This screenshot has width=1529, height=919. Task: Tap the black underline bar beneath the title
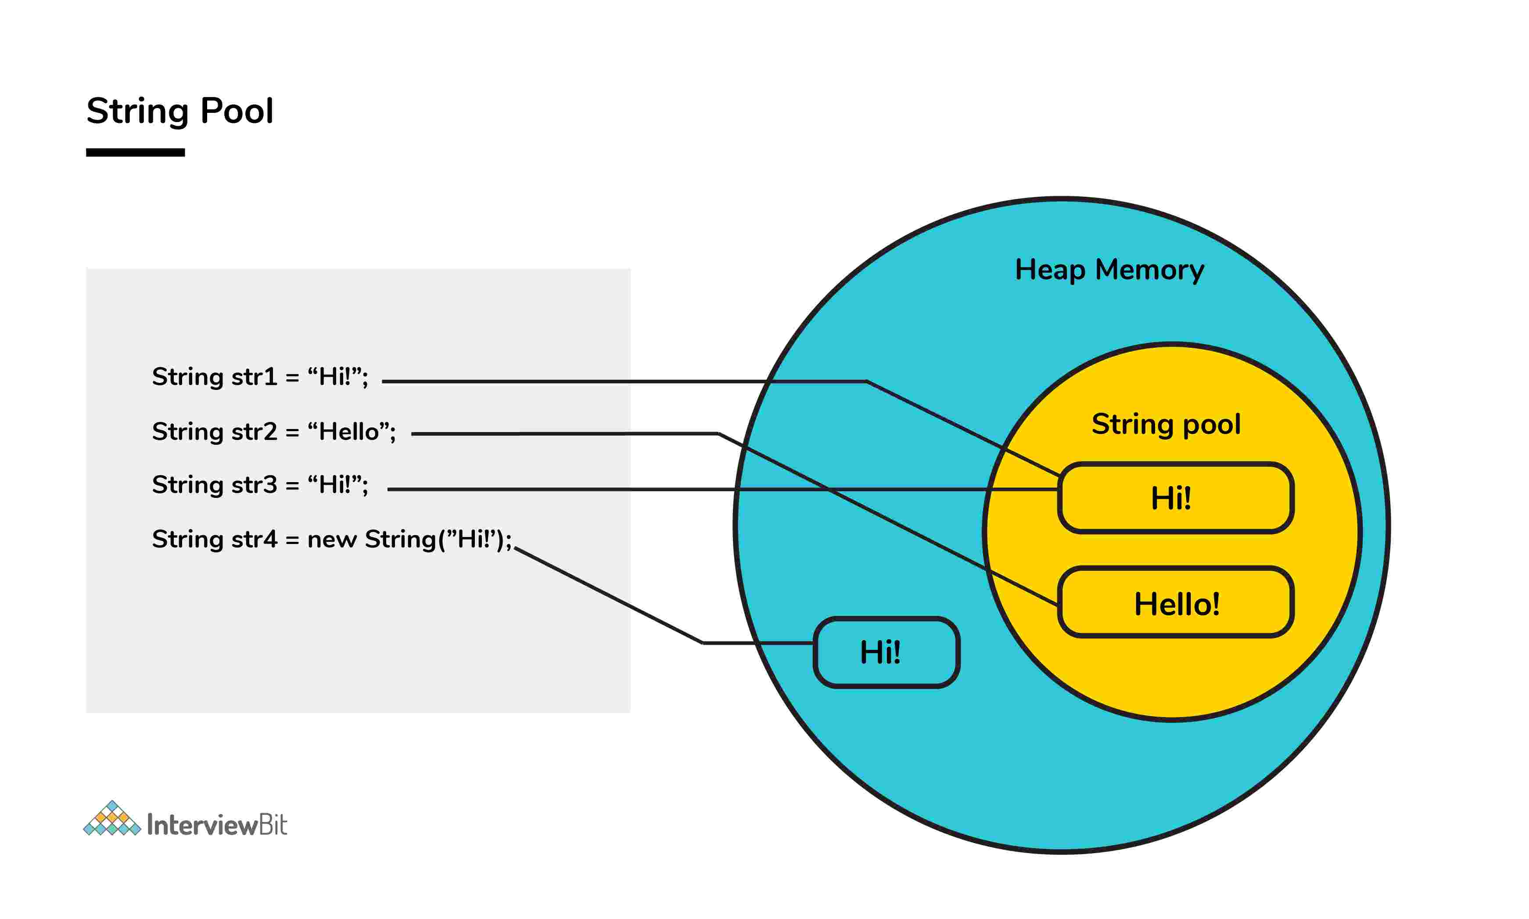point(135,152)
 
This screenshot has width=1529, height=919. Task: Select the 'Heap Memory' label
point(1109,270)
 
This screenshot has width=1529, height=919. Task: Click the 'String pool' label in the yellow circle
point(1166,424)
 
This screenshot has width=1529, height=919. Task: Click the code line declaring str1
point(260,377)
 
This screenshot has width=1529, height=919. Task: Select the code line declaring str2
point(273,432)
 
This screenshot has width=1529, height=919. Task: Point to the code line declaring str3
point(260,485)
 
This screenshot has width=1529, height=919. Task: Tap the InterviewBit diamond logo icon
point(112,819)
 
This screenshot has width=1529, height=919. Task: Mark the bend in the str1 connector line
point(866,382)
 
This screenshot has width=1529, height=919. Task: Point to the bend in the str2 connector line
point(718,433)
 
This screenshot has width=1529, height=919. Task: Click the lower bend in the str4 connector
point(703,643)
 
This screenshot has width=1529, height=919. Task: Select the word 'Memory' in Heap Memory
point(1149,270)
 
